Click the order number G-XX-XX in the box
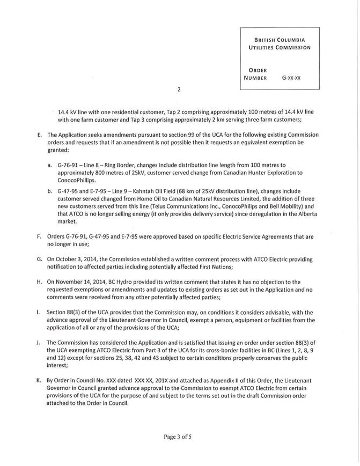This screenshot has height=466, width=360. point(291,78)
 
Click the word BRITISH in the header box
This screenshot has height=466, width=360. point(269,39)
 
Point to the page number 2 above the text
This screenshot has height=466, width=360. point(179,90)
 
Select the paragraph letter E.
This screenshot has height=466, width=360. point(39,135)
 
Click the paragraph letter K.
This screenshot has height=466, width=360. point(39,380)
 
